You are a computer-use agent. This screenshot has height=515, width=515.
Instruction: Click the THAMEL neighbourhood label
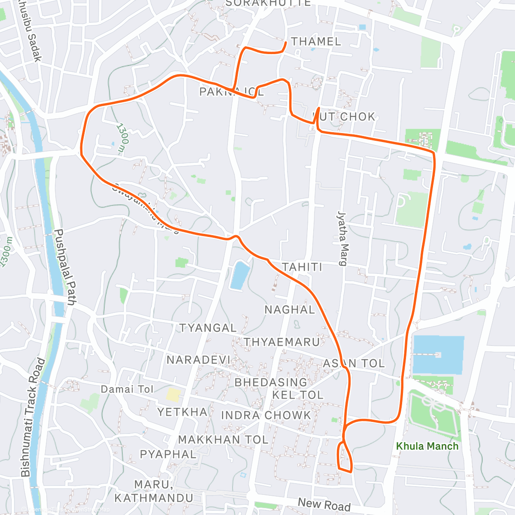(316, 42)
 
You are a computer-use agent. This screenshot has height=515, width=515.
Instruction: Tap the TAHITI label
(302, 267)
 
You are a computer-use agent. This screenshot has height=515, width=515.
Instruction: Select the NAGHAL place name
(290, 309)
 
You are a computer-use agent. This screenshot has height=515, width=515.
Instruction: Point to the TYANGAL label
(208, 328)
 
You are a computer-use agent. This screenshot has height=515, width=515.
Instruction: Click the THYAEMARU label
(282, 342)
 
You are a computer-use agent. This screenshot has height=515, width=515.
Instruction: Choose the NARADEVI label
(199, 360)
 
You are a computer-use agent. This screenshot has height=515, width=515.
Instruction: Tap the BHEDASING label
(271, 382)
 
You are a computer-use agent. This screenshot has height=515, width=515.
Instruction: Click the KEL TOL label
(298, 395)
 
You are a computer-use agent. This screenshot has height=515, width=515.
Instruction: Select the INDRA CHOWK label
(266, 415)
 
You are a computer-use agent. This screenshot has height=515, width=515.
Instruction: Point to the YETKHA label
(182, 412)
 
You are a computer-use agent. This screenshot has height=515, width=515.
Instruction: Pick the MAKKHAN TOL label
(223, 440)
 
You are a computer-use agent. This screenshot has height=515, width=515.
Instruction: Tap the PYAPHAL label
(168, 454)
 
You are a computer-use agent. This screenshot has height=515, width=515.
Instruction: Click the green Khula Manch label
(427, 446)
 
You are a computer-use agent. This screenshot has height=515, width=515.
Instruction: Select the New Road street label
(324, 504)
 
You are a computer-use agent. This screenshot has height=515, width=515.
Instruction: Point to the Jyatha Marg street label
(342, 238)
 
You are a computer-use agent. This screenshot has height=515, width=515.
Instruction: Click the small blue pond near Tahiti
(240, 275)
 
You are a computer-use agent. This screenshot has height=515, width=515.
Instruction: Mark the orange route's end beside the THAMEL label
(286, 42)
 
